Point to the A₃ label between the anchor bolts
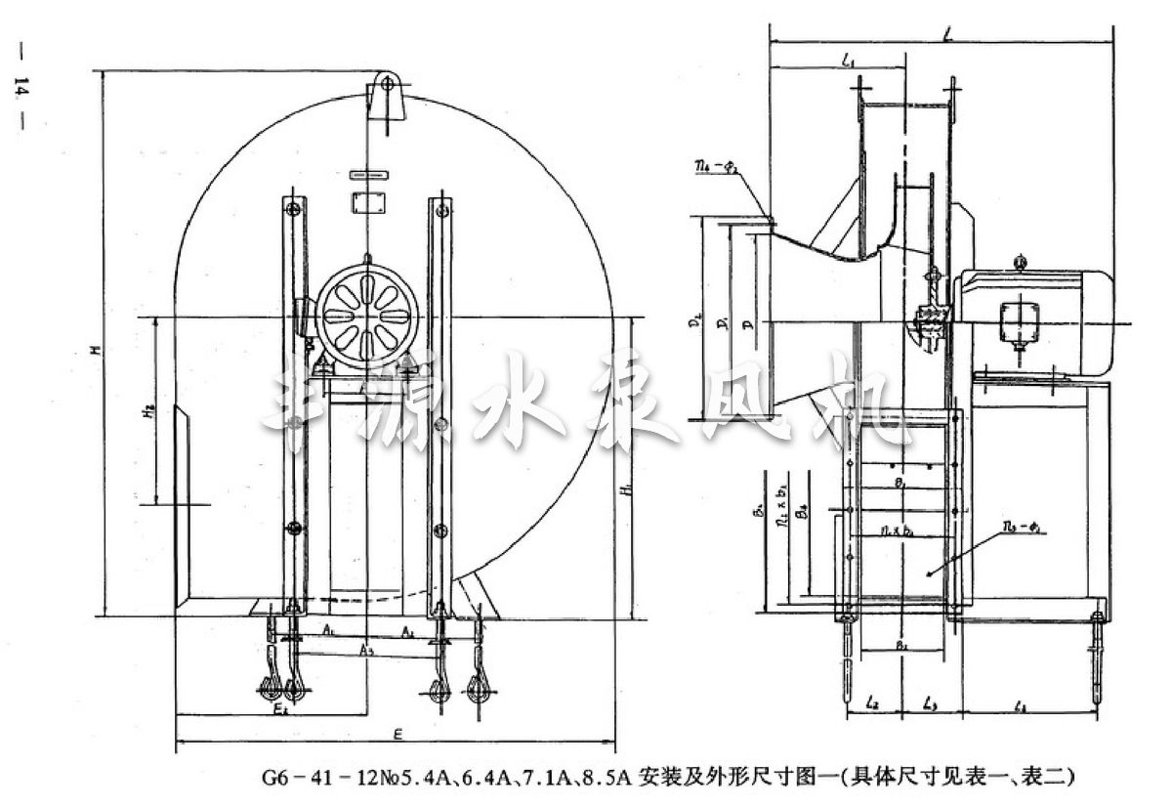point(365,650)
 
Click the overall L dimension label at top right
point(949,34)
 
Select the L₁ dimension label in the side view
point(848,63)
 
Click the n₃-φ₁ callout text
point(1022,530)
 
